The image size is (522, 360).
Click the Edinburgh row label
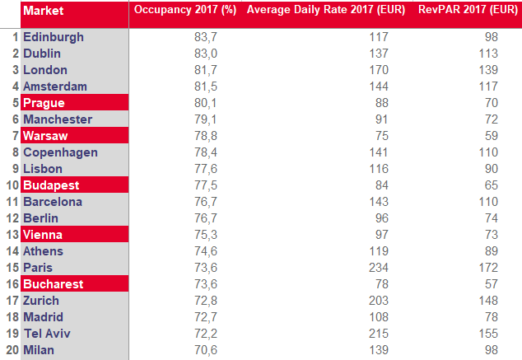[x=54, y=37]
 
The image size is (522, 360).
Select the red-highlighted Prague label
[x=44, y=103]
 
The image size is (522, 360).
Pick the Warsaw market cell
[x=46, y=136]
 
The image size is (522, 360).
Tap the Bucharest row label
[x=53, y=284]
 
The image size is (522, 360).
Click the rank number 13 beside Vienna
[x=12, y=235]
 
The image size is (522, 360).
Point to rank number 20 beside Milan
[x=11, y=350]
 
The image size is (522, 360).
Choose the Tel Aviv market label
[x=48, y=334]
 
